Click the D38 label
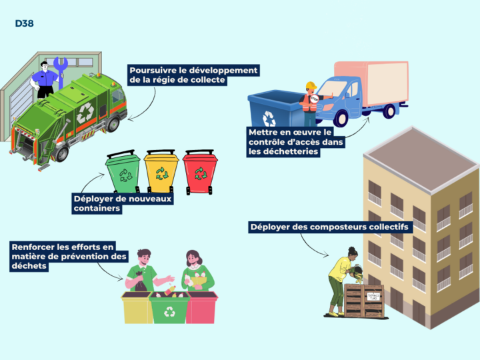[24, 23]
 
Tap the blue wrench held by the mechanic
[61, 72]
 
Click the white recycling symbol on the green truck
[85, 113]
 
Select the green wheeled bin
[123, 171]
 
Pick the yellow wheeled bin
[161, 171]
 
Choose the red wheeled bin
[200, 172]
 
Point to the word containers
[97, 209]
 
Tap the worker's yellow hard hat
[311, 85]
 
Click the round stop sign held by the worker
[315, 99]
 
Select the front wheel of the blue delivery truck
[341, 118]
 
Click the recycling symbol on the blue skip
[269, 119]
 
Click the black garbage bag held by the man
[141, 281]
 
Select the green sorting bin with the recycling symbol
[169, 307]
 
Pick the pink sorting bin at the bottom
[202, 307]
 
